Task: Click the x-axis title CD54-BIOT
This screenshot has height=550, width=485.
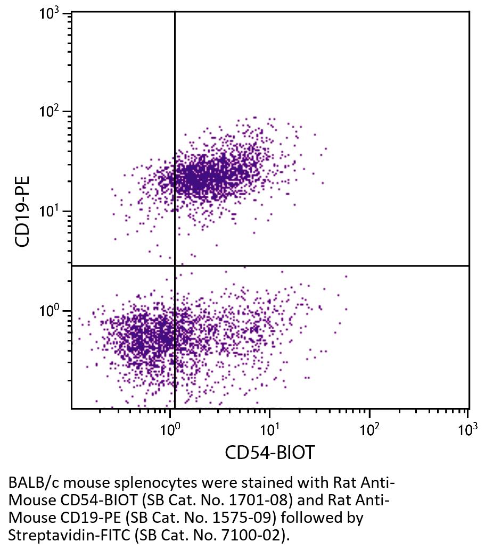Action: pos(269,453)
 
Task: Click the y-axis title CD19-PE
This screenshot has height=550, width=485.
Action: pos(22,211)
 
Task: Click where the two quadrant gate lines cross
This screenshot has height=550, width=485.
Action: pos(175,265)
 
